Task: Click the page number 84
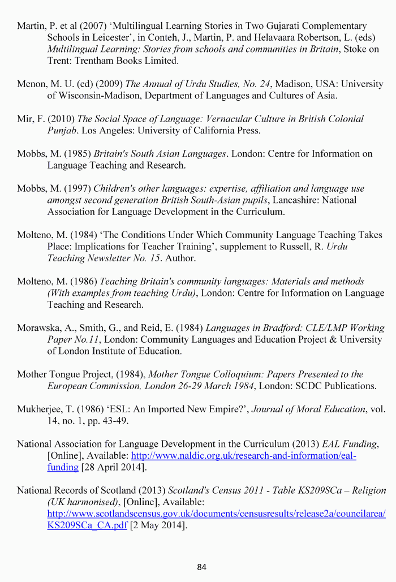(202, 567)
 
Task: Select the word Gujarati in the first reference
(282, 26)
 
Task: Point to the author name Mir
(25, 119)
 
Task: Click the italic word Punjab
(63, 131)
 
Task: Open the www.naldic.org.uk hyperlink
(243, 456)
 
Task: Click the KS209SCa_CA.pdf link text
(87, 525)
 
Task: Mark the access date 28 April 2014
(114, 467)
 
